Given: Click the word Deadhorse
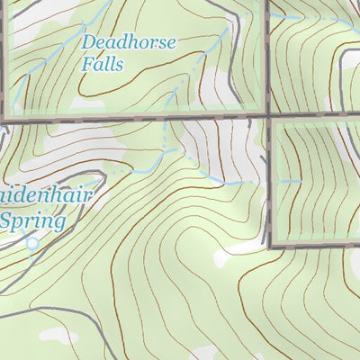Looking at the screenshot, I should point(129,42).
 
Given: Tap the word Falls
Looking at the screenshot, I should point(102,64).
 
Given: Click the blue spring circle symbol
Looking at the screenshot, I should point(33,243).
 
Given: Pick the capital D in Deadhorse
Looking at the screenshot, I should point(88,42).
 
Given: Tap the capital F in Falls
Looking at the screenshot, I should point(86,64).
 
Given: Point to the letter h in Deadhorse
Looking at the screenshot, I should point(131,41).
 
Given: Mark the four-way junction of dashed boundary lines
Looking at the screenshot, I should point(269,116).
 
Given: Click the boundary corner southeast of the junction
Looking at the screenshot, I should point(270,246).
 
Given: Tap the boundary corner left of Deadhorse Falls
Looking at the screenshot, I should point(7,117).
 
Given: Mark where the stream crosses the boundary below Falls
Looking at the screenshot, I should point(166,117).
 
